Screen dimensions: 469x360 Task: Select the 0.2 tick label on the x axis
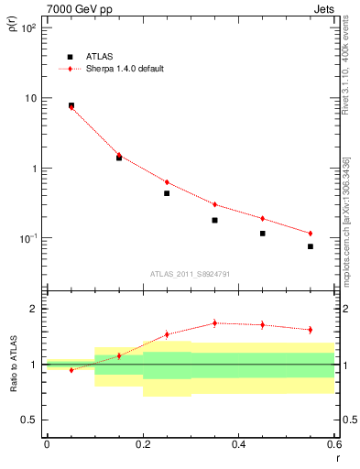142,444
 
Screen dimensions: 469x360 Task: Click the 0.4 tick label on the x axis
238,444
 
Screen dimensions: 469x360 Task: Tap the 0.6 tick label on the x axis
333,444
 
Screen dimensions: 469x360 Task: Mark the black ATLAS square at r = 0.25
167,193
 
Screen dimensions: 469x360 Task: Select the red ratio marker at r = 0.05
71,370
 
